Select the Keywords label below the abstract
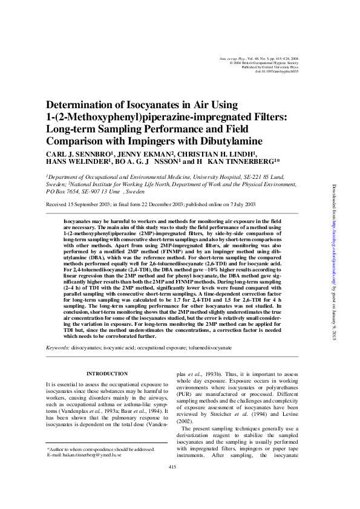[x=57, y=348]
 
